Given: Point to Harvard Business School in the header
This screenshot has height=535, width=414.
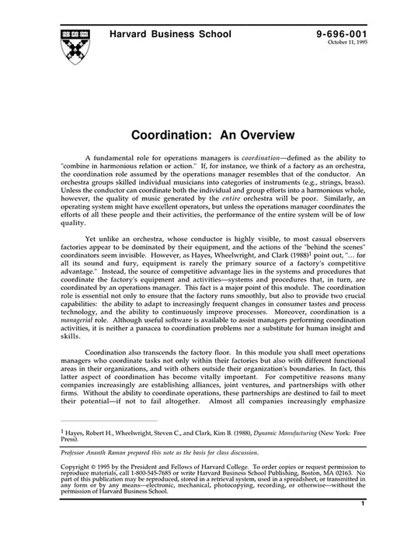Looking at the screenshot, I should click(x=163, y=36).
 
